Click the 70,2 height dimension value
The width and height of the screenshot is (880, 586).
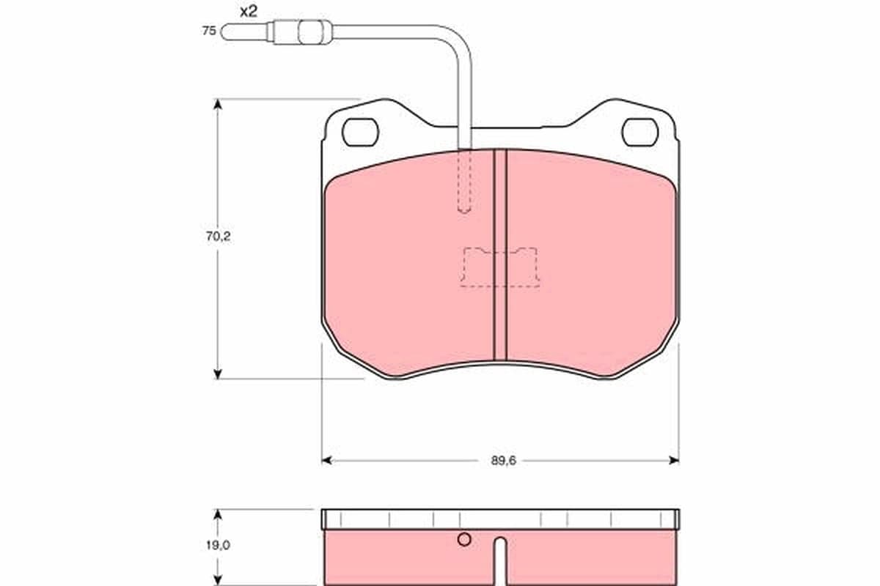(x=218, y=237)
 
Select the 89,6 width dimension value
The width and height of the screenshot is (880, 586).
(x=503, y=461)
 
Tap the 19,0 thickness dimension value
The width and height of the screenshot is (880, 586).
(x=218, y=545)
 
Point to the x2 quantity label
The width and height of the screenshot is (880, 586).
(x=249, y=12)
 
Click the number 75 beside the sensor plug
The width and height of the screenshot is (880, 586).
(x=209, y=31)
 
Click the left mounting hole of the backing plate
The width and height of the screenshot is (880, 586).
(x=360, y=133)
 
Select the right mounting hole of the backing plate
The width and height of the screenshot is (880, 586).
(x=640, y=133)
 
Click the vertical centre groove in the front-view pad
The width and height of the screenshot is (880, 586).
(x=500, y=255)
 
